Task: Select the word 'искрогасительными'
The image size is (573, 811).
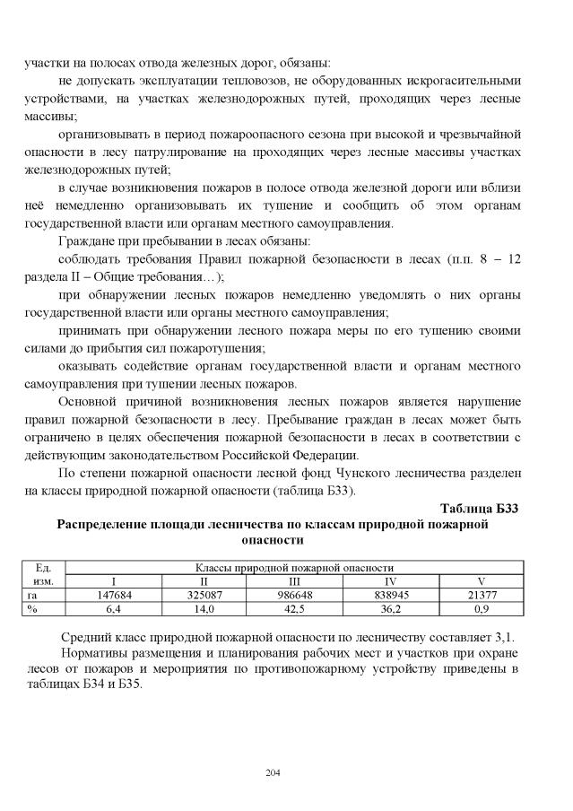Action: click(466, 82)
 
